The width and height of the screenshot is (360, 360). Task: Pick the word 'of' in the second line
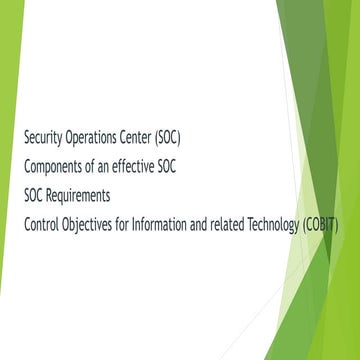click(x=101, y=165)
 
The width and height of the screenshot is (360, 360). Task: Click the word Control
click(x=42, y=223)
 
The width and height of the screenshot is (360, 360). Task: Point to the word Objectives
click(x=93, y=223)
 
